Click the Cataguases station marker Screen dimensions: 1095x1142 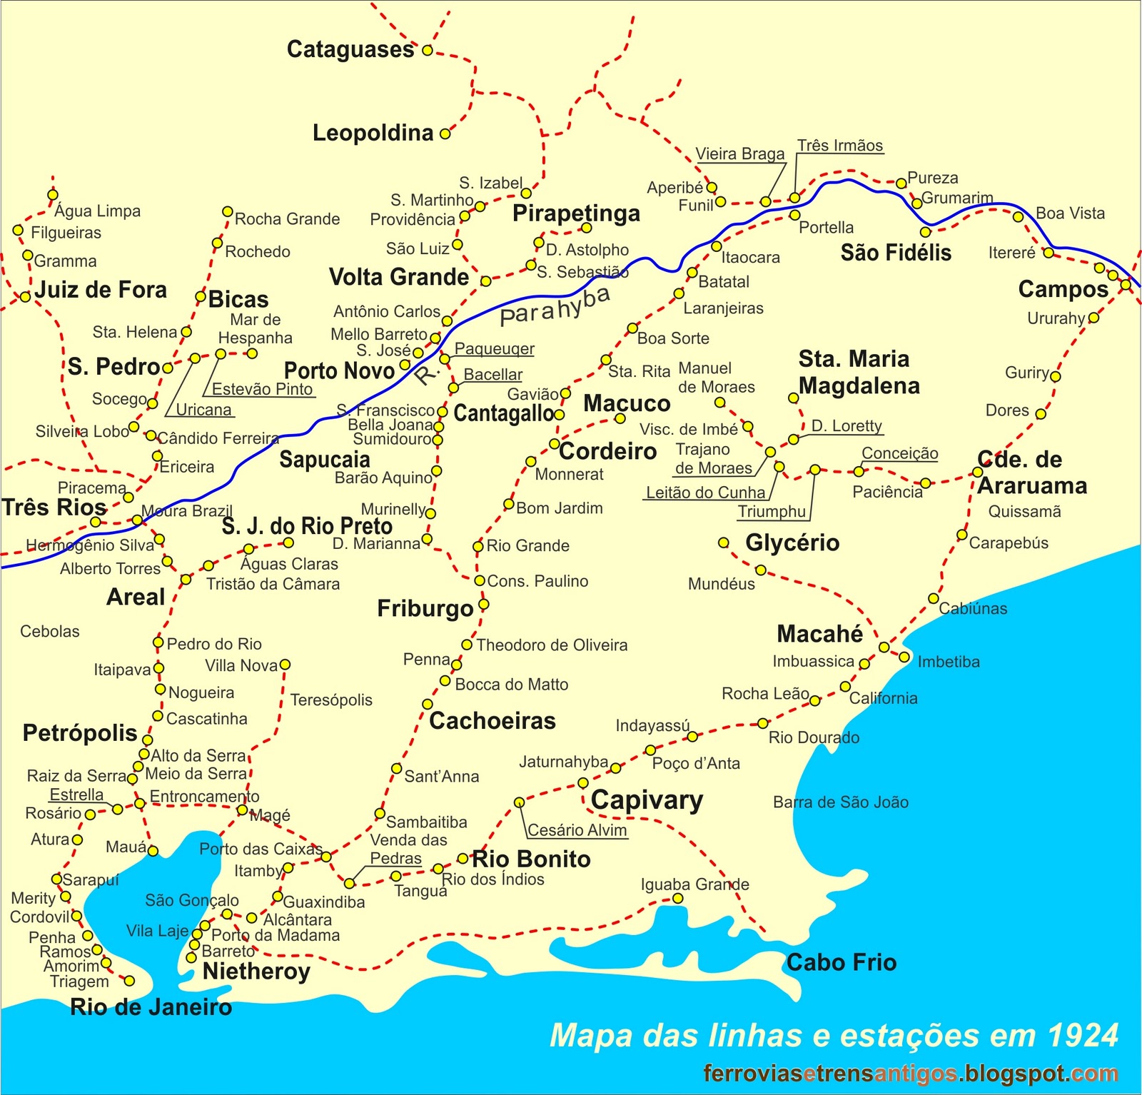coord(427,51)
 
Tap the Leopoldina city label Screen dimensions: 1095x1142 coord(373,133)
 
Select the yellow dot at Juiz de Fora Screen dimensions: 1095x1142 coord(26,296)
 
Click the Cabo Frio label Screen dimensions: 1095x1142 coord(841,962)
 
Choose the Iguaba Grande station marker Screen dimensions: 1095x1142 coord(677,898)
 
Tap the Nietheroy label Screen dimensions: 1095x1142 coord(256,972)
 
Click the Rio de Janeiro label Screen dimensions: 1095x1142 coord(151,1007)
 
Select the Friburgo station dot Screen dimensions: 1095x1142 coord(483,605)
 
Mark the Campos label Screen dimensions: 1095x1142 coord(1063,289)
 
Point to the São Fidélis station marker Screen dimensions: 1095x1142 coord(926,232)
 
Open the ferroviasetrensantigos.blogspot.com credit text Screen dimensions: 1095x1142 coord(910,1074)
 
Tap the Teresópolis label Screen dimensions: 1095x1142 coord(331,700)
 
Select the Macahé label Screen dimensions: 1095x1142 coord(819,634)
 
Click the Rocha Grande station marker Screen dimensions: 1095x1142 coord(227,211)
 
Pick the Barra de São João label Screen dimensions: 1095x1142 coord(840,802)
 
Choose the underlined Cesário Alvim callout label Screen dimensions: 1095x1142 coord(577,830)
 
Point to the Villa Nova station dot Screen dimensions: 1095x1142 coord(285,665)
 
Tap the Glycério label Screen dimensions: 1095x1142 coord(792,543)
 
